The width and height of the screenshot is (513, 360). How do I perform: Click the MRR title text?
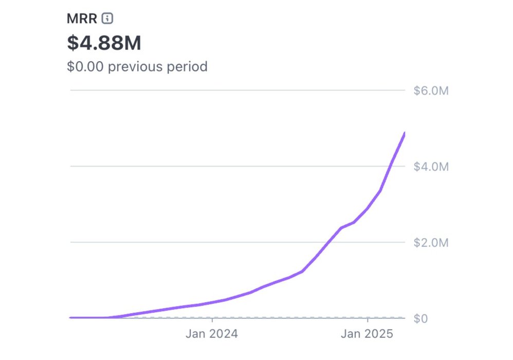coord(82,19)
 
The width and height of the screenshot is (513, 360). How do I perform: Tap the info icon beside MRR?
coord(107,19)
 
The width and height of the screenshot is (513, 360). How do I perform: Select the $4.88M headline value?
coord(104,43)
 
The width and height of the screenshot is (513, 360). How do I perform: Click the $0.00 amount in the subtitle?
coord(85,66)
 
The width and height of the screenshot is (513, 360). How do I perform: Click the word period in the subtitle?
coord(190,66)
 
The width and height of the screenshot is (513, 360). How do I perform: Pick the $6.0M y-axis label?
coord(431,91)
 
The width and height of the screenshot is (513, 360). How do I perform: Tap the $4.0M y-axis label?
coord(431,167)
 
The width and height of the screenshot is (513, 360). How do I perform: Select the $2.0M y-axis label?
coord(431,242)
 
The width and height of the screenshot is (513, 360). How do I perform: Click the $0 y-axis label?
coord(421,318)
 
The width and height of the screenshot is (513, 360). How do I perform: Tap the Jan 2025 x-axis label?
coord(367,334)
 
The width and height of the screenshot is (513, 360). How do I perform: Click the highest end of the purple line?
coord(404,134)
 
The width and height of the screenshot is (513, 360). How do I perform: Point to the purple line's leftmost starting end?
coord(71,318)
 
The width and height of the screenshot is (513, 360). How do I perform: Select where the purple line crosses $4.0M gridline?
coord(391,167)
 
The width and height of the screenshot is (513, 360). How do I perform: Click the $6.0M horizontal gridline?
coord(236,91)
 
